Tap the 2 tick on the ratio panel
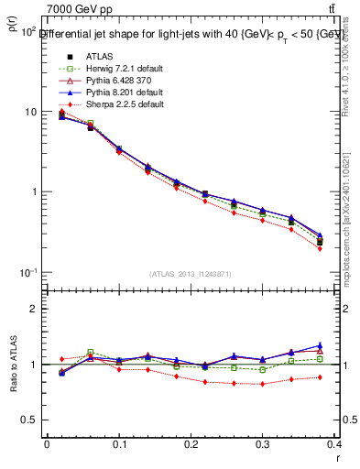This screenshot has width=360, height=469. click(x=33, y=309)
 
